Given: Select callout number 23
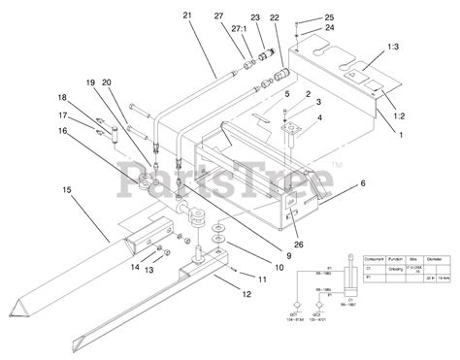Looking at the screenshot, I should point(255,16).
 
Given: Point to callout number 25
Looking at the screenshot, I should point(329,17).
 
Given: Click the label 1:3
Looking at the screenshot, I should point(391,47).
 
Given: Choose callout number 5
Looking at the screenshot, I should point(287,93).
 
